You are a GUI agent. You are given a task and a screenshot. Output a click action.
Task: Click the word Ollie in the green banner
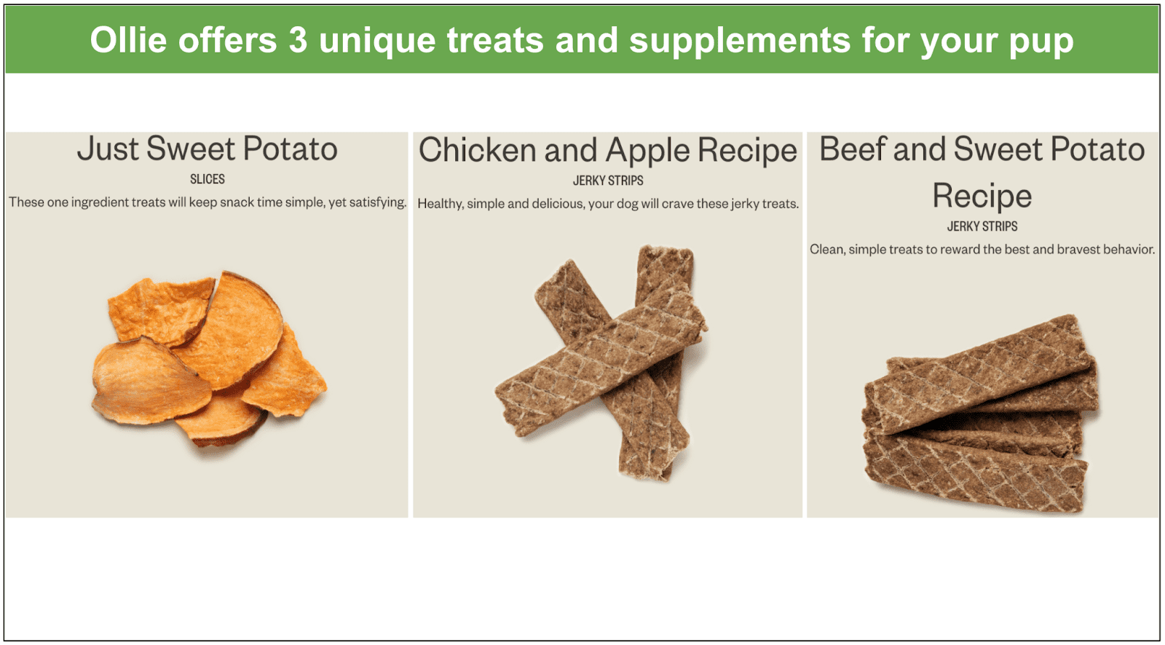click(x=128, y=40)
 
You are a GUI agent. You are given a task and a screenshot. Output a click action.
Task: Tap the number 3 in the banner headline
click(x=298, y=40)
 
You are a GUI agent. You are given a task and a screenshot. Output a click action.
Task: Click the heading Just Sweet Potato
click(x=207, y=149)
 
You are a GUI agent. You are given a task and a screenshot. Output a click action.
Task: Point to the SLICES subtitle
click(x=207, y=180)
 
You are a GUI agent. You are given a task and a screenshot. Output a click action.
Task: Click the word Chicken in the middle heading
click(x=477, y=150)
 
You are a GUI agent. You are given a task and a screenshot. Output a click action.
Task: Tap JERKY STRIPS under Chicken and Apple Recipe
click(x=608, y=181)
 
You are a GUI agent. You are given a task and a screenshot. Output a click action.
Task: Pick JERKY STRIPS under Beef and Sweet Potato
click(x=982, y=227)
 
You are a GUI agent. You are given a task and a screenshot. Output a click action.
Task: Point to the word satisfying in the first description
click(x=378, y=203)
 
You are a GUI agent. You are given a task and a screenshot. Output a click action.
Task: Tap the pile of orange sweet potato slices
click(x=208, y=358)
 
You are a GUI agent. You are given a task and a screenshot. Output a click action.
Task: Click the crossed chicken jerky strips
click(x=601, y=363)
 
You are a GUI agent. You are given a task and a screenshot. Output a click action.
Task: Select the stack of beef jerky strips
click(x=981, y=413)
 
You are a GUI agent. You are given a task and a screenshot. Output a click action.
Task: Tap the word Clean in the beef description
click(x=827, y=250)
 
